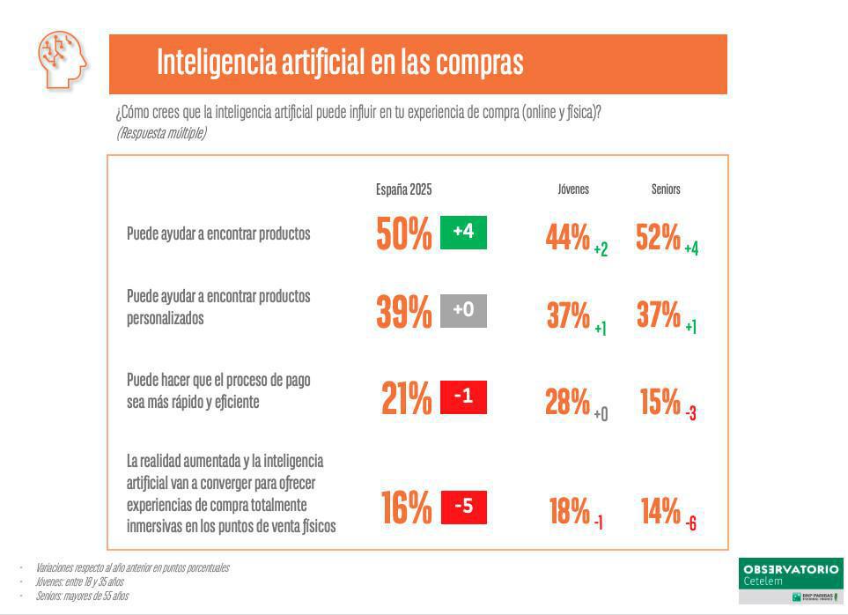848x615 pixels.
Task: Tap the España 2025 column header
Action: coord(403,189)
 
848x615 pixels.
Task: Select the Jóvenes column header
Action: coord(573,189)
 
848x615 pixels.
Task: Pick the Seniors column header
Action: coord(666,189)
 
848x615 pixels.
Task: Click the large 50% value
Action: coord(404,234)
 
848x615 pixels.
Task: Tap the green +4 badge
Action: coord(463,232)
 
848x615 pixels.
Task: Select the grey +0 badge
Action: coord(463,310)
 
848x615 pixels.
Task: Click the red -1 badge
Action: coord(463,397)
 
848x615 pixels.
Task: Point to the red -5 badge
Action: coord(463,507)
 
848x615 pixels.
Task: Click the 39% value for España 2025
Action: coord(404,312)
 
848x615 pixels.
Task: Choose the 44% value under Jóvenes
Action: coord(568,237)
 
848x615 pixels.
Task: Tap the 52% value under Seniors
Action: coord(659,237)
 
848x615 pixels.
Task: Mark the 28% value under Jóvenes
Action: coord(568,402)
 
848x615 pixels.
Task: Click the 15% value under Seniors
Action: coord(660,402)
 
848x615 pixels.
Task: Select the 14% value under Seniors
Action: coord(661,511)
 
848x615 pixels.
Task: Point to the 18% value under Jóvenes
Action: coord(569,511)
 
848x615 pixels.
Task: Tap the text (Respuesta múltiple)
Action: coord(161,133)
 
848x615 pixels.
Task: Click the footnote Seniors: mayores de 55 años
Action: coord(82,596)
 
